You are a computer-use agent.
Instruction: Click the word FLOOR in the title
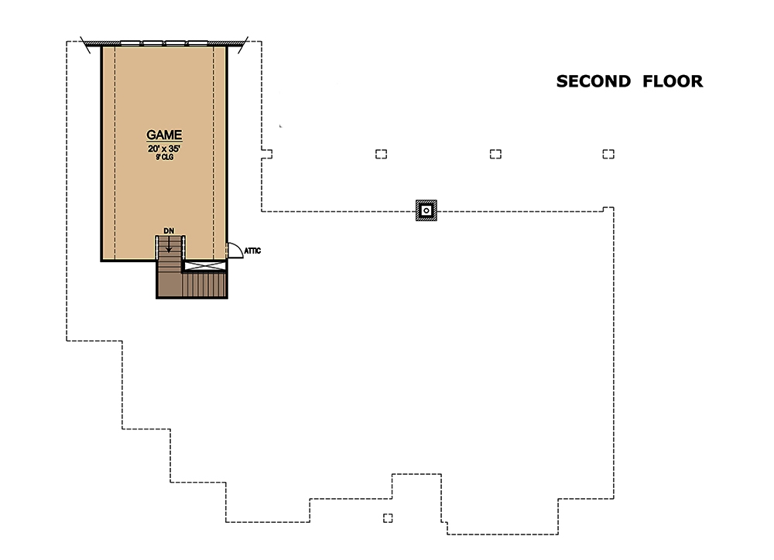[673, 81]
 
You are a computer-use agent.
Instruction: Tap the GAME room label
[164, 135]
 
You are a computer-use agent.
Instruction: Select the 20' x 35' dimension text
[164, 148]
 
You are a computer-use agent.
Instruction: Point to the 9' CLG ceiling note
[164, 157]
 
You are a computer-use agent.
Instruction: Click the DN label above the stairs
[169, 230]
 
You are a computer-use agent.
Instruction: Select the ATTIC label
[252, 251]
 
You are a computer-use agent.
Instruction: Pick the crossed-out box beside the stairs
[205, 265]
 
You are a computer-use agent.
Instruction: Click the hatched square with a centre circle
[426, 210]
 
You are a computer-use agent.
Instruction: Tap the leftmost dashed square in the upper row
[381, 154]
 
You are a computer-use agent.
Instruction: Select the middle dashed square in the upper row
[495, 154]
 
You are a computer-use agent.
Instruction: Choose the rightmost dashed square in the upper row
[608, 154]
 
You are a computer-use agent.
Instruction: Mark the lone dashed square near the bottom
[388, 518]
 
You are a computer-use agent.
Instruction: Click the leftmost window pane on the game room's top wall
[132, 43]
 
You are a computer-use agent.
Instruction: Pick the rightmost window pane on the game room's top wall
[198, 43]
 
